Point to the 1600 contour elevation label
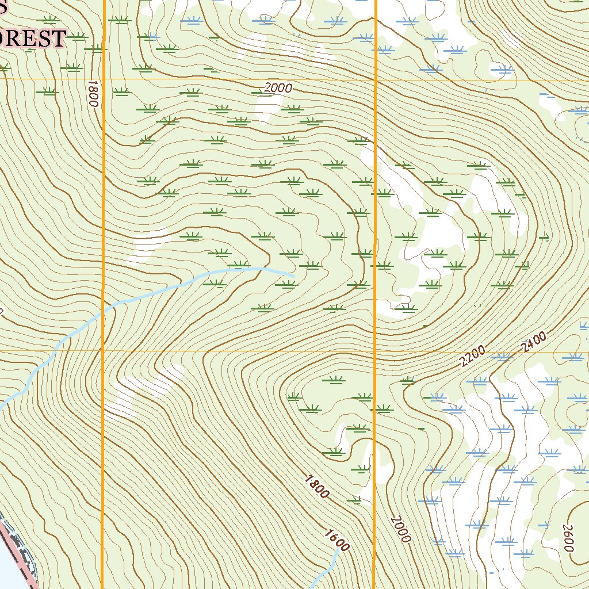click(336, 540)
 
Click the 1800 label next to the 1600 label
click(317, 487)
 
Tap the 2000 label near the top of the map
click(278, 88)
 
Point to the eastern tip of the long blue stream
click(294, 276)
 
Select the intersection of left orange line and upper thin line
click(103, 79)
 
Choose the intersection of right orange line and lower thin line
click(375, 350)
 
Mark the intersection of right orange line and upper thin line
click(375, 80)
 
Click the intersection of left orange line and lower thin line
click(103, 350)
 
